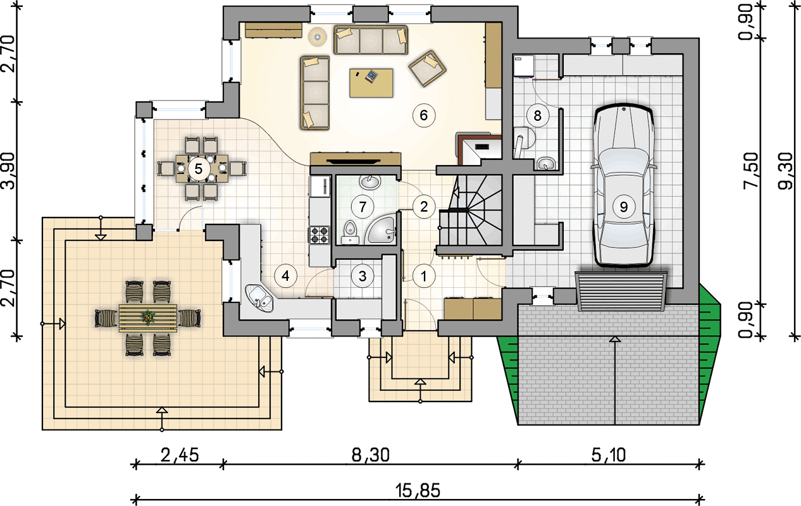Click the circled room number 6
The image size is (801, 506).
coord(424,115)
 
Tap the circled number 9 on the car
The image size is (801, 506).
coord(623,207)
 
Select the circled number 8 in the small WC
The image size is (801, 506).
coord(537,116)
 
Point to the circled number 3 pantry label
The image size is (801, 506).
coord(363,276)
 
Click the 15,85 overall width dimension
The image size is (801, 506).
coord(418,491)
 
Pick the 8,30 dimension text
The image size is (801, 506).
coord(371,455)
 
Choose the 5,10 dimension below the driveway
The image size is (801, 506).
coord(609,455)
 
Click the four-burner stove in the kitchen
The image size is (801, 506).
coord(319,235)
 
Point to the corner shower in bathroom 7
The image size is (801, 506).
coord(380,231)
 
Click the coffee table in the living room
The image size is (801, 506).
coord(371,83)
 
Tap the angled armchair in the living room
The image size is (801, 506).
coord(428,68)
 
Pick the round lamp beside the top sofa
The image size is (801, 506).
coord(318,37)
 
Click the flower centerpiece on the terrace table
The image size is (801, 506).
coord(147,317)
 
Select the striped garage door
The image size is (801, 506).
coord(621,291)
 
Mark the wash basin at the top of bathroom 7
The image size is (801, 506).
coord(369,182)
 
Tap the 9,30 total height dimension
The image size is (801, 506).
coord(786,170)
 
